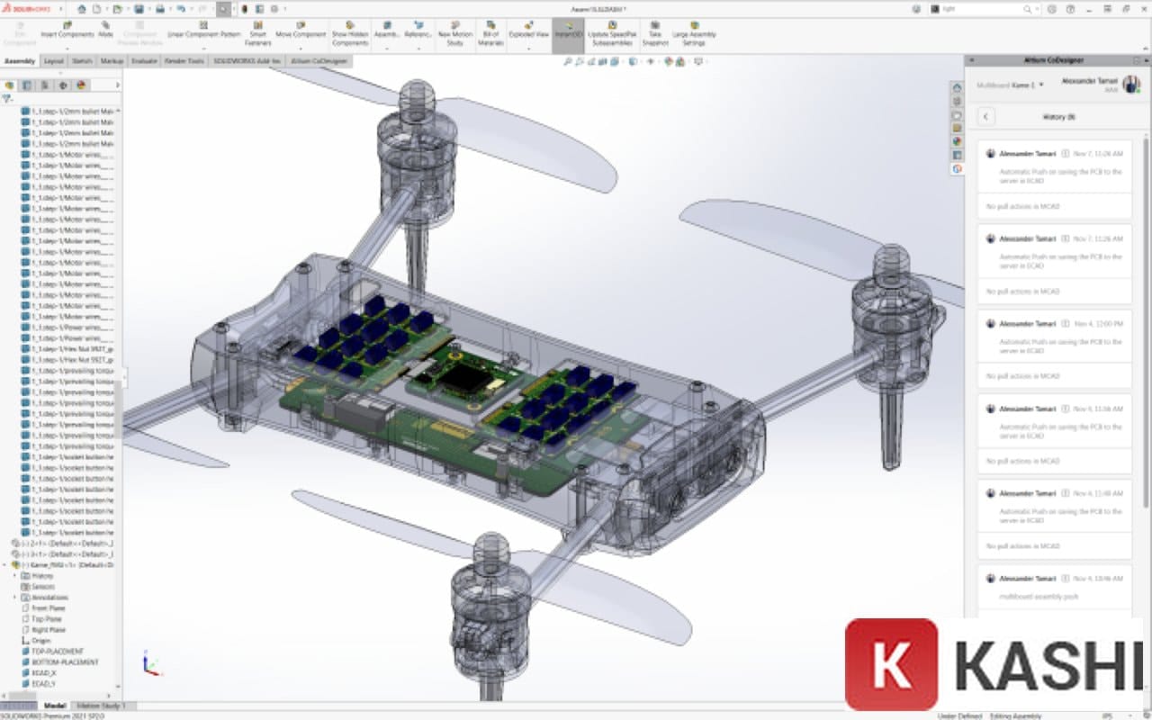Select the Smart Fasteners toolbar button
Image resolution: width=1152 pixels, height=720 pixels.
point(258,33)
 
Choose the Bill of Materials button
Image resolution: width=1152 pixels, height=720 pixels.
point(490,33)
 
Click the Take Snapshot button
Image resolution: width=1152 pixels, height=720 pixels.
point(655,33)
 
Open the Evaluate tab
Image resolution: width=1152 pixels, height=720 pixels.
point(144,61)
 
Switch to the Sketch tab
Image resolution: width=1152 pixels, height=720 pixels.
point(82,61)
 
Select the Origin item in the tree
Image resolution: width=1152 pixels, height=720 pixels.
point(41,640)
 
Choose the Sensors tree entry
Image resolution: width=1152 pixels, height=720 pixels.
point(43,587)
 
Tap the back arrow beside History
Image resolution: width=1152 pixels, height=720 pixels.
point(986,117)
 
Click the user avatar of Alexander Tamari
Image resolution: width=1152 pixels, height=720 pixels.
point(1130,84)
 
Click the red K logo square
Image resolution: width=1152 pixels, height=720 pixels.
point(891,664)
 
